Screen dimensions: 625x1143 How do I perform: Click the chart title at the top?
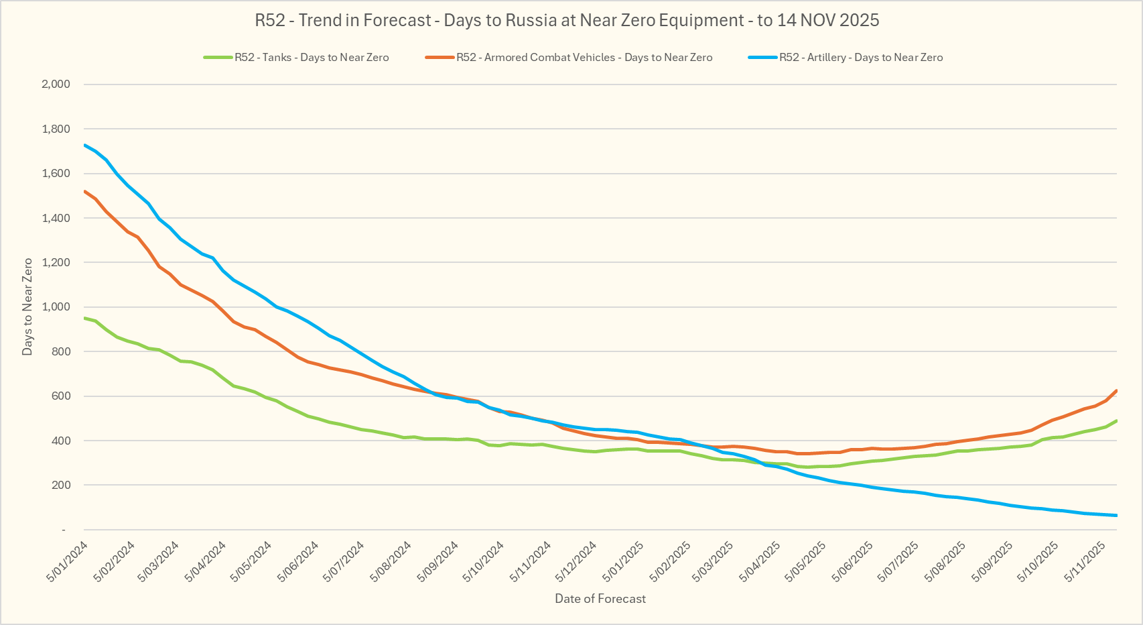(567, 20)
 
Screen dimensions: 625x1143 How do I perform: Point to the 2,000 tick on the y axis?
(56, 84)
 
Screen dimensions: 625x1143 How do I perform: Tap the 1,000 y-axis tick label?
(56, 306)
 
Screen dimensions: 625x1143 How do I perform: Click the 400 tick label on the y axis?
(61, 441)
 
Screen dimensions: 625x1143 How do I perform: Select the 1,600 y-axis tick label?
(56, 173)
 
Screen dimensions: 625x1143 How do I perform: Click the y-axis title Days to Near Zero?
(27, 306)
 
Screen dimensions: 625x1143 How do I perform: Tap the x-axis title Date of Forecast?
(600, 599)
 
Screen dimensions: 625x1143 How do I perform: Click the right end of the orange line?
(1116, 390)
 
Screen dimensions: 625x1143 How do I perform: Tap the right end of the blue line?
(1116, 515)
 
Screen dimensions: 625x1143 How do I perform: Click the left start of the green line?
(84, 318)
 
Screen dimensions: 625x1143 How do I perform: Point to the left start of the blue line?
(84, 145)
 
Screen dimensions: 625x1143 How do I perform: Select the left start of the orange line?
(84, 191)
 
